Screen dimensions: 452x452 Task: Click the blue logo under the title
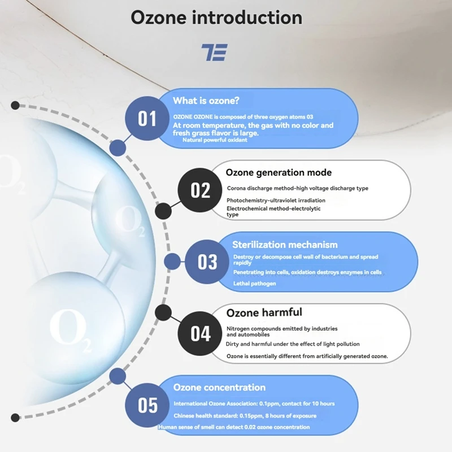215,52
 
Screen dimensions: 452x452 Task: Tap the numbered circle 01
147,119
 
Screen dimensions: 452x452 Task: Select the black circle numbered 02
200,190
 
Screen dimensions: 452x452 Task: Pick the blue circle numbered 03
207,262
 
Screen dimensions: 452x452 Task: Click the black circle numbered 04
200,333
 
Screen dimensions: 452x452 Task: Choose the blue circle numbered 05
147,405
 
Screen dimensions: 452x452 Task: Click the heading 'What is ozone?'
206,101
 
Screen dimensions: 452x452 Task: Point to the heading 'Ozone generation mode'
279,172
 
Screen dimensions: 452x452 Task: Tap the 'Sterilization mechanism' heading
285,245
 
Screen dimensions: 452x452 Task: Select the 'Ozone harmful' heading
264,312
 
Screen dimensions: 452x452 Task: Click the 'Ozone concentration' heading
219,388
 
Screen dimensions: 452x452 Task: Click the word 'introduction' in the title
247,18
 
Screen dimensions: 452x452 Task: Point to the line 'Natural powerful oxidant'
215,140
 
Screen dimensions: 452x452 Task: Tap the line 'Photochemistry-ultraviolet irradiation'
276,201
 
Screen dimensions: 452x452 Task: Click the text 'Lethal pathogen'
255,284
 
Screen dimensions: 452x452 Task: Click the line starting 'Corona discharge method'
298,188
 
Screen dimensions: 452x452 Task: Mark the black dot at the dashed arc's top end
15,105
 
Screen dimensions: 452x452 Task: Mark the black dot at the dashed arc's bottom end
15,418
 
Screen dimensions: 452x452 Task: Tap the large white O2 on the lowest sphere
70,329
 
